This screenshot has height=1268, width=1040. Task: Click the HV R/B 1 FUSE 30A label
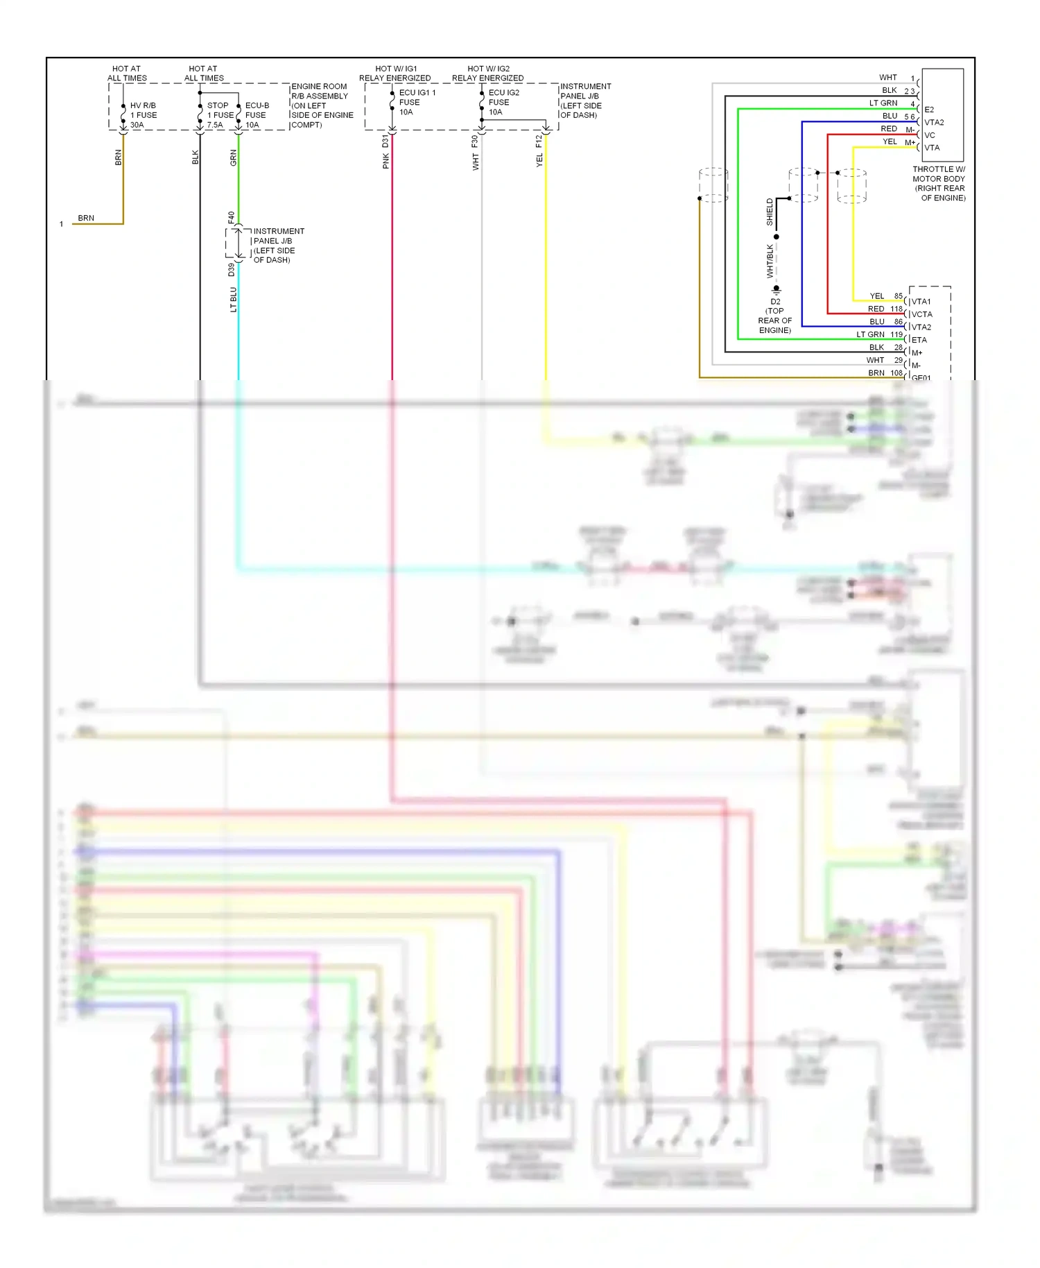click(x=143, y=115)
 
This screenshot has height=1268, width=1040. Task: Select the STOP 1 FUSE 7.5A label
click(x=220, y=115)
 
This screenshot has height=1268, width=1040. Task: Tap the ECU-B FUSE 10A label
click(x=257, y=115)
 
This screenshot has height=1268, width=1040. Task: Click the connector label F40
click(x=232, y=217)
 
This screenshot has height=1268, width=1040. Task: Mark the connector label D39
click(x=232, y=270)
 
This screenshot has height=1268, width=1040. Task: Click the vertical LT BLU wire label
click(x=234, y=300)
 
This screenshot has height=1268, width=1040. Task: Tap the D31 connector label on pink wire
click(x=385, y=142)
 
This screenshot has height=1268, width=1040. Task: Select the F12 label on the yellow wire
click(x=539, y=141)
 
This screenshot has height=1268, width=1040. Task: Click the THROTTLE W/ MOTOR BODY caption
click(x=939, y=183)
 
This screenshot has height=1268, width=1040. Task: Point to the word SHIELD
click(x=770, y=212)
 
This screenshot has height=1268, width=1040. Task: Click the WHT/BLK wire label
click(x=770, y=262)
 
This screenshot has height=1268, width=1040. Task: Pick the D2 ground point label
click(x=775, y=302)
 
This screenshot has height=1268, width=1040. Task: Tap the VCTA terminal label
click(x=922, y=314)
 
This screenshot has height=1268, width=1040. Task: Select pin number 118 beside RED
click(x=896, y=309)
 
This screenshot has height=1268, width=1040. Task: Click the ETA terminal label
click(x=919, y=340)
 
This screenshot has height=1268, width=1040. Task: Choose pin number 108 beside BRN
click(x=896, y=372)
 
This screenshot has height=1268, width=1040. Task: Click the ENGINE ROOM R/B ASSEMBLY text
click(x=320, y=92)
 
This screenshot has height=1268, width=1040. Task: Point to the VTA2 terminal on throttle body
click(x=934, y=122)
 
